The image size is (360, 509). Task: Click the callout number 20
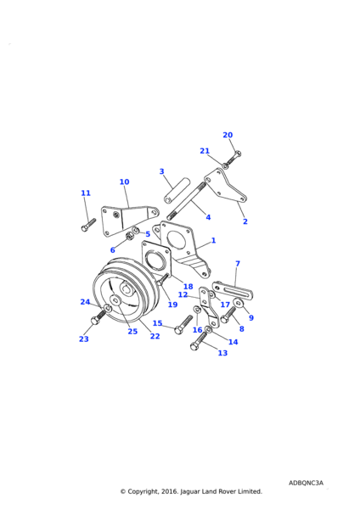pyautogui.click(x=228, y=135)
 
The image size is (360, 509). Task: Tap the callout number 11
pyautogui.click(x=86, y=193)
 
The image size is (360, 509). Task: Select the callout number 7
pyautogui.click(x=238, y=264)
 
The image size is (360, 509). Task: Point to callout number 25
pyautogui.click(x=132, y=332)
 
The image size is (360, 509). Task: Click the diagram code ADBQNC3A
pyautogui.click(x=306, y=483)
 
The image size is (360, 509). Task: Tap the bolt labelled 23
pyautogui.click(x=98, y=316)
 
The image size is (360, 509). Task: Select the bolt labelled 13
pyautogui.click(x=199, y=342)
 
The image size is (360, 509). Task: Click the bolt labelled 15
pyautogui.click(x=183, y=325)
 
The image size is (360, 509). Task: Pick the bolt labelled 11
pyautogui.click(x=88, y=225)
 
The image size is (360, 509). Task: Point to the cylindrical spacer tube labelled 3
pyautogui.click(x=177, y=191)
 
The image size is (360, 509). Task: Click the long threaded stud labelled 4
pyautogui.click(x=186, y=200)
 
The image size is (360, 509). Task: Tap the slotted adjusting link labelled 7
pyautogui.click(x=233, y=289)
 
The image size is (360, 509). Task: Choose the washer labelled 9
pyautogui.click(x=239, y=303)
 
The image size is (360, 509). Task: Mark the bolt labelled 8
pyautogui.click(x=228, y=315)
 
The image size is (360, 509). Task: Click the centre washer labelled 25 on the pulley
pyautogui.click(x=115, y=300)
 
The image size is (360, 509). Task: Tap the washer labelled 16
pyautogui.click(x=197, y=310)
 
